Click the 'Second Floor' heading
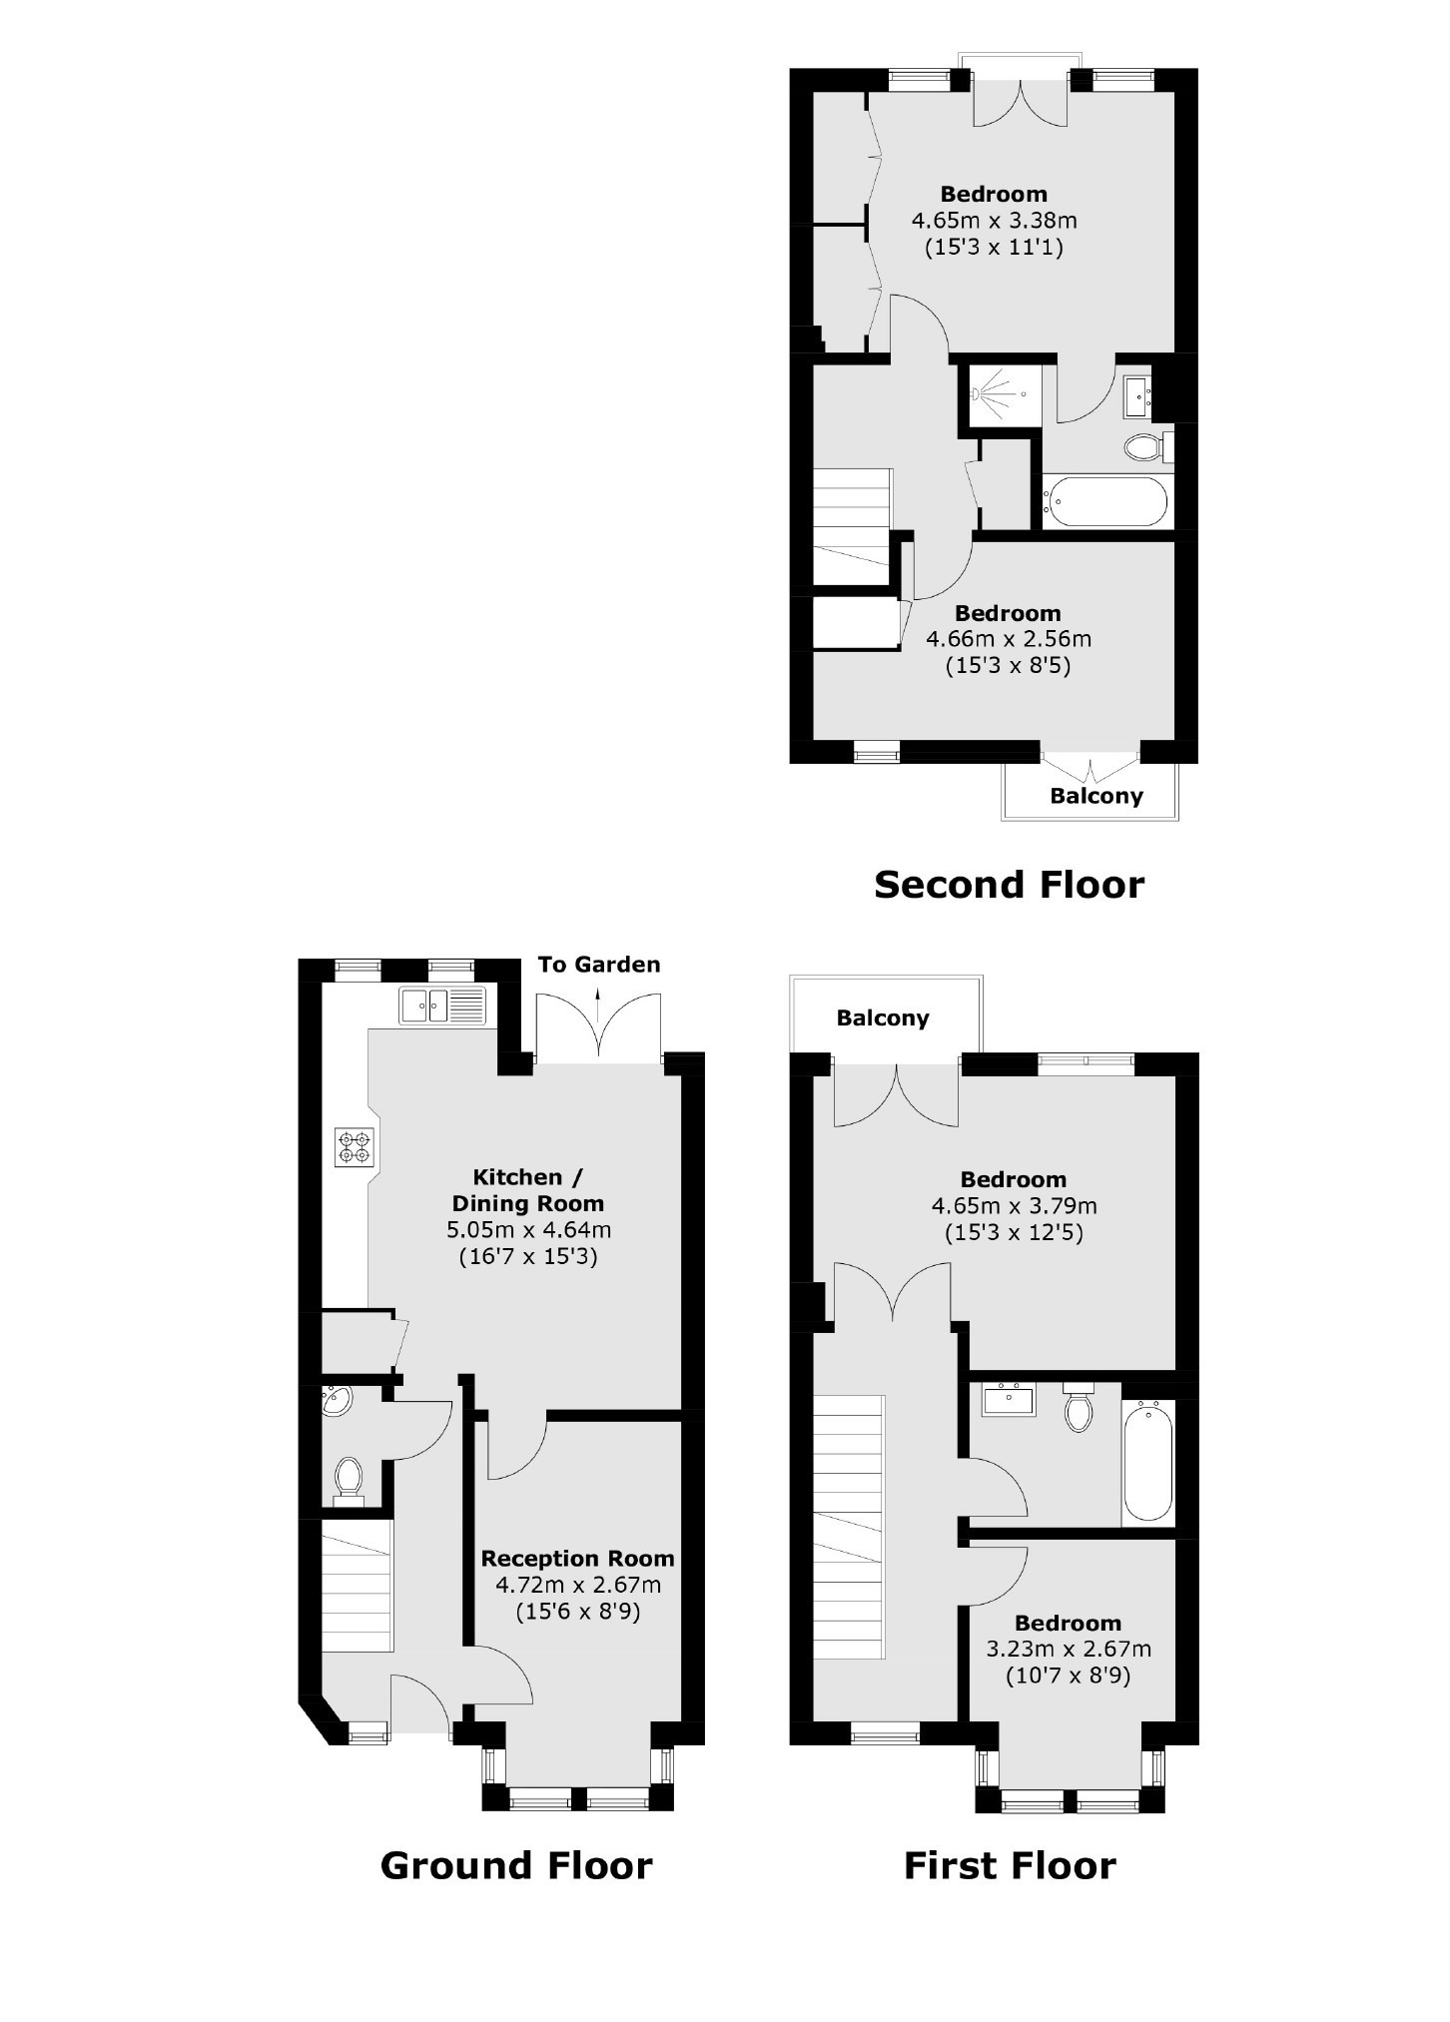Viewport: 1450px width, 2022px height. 1009,885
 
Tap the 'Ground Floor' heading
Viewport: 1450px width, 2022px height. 516,1865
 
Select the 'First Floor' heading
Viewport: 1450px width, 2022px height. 1010,1865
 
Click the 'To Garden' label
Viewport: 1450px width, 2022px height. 599,965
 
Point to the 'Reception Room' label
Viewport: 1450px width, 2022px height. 578,1559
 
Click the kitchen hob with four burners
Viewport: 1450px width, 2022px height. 355,1146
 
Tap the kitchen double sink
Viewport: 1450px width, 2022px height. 442,1005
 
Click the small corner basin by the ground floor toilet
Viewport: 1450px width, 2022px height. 336,1401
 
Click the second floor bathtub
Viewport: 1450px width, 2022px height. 1104,501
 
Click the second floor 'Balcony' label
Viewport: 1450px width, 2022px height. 1096,796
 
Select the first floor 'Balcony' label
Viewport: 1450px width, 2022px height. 883,1018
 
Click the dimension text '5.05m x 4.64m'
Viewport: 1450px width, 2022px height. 528,1230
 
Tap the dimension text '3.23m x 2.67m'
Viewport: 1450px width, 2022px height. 1069,1650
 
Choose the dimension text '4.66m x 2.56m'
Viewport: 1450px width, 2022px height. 1009,639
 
